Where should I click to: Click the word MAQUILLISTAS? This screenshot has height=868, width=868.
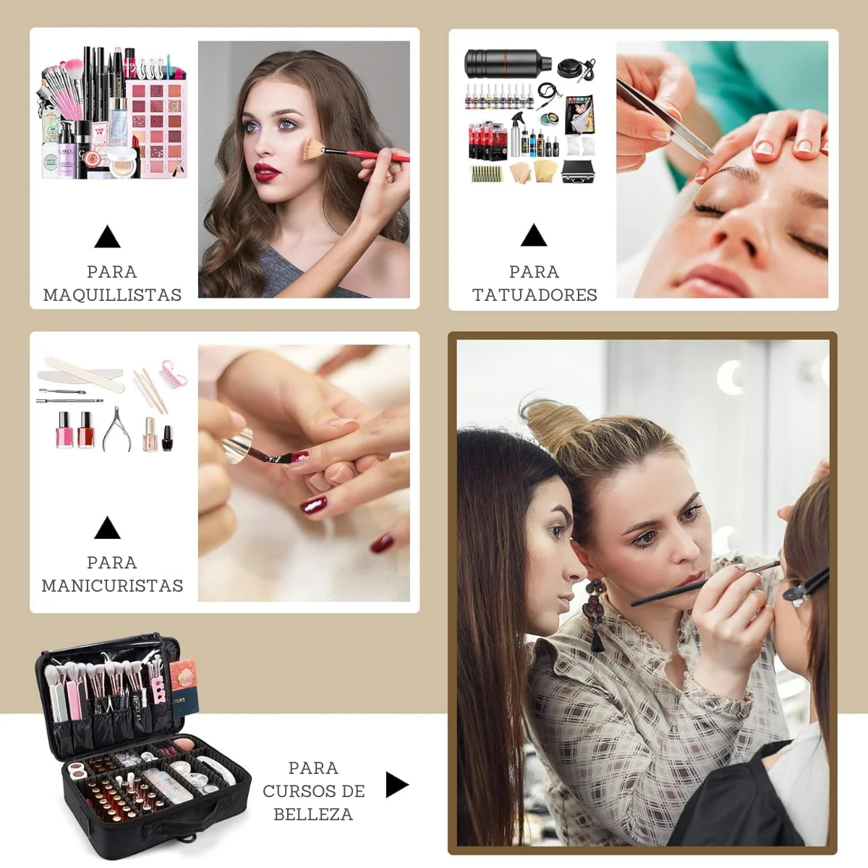click(112, 295)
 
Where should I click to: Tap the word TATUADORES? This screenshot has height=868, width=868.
click(535, 295)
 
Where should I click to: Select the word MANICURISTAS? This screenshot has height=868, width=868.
click(112, 586)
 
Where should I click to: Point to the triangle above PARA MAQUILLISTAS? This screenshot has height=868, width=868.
click(107, 237)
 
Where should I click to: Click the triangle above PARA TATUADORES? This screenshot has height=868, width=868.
click(534, 236)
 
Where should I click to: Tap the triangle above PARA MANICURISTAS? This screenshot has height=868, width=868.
click(107, 528)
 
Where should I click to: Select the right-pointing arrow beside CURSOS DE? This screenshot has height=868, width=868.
click(397, 785)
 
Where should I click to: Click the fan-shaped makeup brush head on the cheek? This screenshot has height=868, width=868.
click(312, 150)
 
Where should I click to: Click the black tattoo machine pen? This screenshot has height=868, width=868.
click(508, 64)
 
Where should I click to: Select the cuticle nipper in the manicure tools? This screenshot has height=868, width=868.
click(116, 428)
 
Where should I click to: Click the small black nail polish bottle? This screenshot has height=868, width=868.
click(167, 438)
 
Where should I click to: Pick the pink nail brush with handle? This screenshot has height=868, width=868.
click(174, 373)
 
